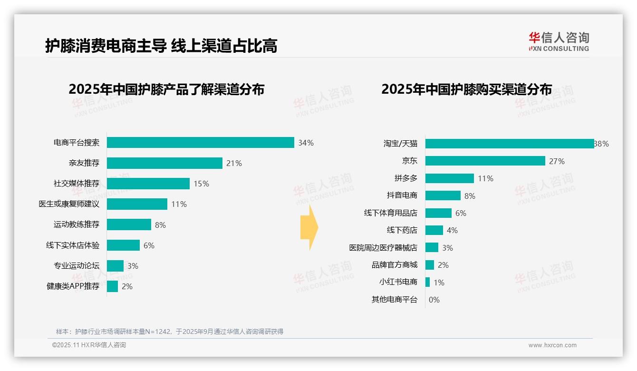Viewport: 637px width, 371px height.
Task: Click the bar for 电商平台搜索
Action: tap(200, 143)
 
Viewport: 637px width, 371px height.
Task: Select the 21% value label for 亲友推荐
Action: tap(234, 163)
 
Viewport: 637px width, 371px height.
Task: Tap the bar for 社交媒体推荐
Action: tap(148, 184)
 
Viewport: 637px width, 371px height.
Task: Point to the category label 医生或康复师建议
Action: tap(69, 204)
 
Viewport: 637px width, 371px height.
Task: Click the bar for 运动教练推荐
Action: tap(129, 225)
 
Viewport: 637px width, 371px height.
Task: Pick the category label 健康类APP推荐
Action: tap(73, 286)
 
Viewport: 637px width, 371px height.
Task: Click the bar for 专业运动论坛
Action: tap(115, 266)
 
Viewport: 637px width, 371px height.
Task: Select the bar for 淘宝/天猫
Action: tap(509, 144)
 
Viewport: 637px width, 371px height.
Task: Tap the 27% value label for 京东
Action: tap(557, 161)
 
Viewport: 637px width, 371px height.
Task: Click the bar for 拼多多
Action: tap(449, 178)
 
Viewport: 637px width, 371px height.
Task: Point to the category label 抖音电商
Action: tap(402, 195)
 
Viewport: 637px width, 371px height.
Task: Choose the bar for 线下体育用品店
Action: tap(438, 213)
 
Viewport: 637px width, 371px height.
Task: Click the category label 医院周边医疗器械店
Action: tap(383, 248)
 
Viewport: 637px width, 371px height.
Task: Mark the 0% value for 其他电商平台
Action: tap(434, 300)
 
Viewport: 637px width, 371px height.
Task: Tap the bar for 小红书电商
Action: tap(427, 282)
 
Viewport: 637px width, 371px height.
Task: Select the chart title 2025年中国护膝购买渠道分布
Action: tap(466, 89)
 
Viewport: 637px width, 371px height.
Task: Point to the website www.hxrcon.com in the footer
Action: tap(552, 345)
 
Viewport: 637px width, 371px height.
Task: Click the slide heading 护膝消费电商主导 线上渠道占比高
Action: tap(161, 46)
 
